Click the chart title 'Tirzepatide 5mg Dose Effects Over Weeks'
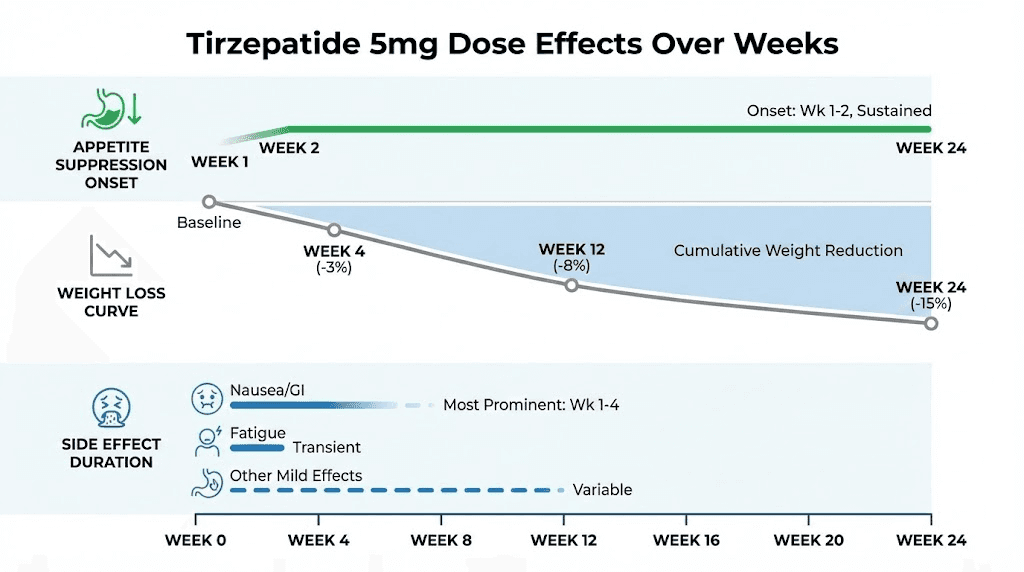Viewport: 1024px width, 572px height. (x=512, y=44)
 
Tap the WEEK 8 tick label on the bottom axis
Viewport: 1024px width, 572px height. (x=441, y=540)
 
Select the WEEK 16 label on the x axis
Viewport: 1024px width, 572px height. (x=686, y=540)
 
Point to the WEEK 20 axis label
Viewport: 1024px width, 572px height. (x=809, y=540)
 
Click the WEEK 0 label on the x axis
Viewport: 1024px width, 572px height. (x=195, y=540)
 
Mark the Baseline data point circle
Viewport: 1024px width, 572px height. (x=208, y=202)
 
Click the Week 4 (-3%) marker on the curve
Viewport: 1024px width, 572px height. (x=334, y=230)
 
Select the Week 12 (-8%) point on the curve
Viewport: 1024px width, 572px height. (x=571, y=285)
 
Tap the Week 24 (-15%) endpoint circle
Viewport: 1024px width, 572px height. (x=931, y=323)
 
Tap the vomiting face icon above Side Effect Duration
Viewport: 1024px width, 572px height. (x=110, y=409)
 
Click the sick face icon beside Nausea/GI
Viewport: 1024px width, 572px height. (x=206, y=398)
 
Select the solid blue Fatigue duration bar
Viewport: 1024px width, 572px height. (x=257, y=447)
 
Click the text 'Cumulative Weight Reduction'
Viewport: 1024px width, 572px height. (x=788, y=251)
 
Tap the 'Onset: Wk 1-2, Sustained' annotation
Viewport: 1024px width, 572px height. (x=839, y=111)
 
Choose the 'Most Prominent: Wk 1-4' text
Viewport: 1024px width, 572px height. (x=531, y=405)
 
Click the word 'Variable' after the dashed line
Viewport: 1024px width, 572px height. (x=602, y=490)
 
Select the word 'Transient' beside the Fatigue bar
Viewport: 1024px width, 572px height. (x=326, y=447)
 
